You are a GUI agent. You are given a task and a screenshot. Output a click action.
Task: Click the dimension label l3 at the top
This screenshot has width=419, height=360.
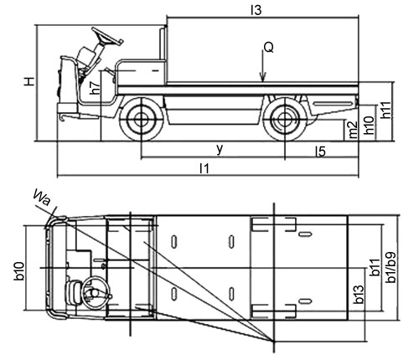(x=256, y=10)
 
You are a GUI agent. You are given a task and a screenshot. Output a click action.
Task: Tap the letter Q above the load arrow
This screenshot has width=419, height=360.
(x=269, y=48)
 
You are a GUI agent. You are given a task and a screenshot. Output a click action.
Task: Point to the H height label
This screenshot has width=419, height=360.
(x=29, y=81)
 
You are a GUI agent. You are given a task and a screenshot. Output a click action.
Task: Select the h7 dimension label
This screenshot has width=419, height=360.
(x=96, y=87)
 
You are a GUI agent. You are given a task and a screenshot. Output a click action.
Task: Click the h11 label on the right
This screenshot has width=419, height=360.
(x=386, y=110)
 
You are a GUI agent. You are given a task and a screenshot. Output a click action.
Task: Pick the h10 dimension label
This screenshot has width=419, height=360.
(x=370, y=125)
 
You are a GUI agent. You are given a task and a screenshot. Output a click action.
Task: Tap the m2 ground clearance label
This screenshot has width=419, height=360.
(x=353, y=130)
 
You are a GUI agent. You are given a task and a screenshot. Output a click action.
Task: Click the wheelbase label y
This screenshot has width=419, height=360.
(x=220, y=149)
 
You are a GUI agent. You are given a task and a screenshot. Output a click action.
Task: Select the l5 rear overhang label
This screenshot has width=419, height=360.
(x=320, y=152)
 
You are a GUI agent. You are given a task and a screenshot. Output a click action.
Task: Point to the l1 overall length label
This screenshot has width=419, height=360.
(x=204, y=168)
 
